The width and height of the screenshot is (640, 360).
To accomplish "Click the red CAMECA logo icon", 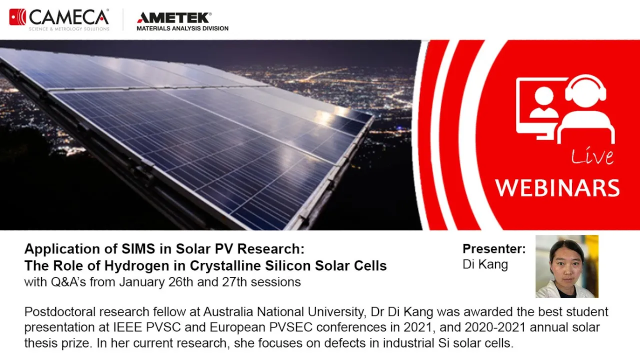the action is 17,17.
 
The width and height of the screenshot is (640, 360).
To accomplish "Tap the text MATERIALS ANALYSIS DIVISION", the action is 182,28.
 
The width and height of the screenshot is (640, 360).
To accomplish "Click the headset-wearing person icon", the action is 585,108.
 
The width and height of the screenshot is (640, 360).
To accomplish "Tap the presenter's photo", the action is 567,266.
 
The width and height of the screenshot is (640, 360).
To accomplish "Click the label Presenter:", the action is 494,248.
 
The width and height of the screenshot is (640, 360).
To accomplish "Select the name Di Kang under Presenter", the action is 485,264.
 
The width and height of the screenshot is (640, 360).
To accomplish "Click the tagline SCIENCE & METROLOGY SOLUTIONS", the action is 69,29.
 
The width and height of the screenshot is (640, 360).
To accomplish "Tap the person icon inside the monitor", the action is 543,102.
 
